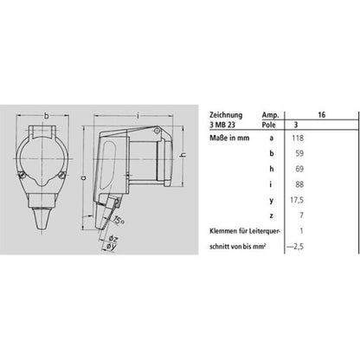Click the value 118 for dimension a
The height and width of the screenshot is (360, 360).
(x=298, y=138)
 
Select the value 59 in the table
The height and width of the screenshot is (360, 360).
(x=299, y=153)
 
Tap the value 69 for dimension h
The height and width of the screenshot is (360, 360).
(x=299, y=169)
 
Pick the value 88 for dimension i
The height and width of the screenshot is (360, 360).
(x=299, y=184)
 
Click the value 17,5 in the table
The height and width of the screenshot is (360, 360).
(x=297, y=200)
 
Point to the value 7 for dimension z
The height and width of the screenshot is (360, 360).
(x=301, y=215)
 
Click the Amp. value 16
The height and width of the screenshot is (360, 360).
(x=322, y=115)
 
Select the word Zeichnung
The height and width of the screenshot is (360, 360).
(x=226, y=115)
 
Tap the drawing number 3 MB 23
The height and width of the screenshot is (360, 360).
(x=222, y=125)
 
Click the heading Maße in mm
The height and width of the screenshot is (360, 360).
(x=229, y=138)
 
